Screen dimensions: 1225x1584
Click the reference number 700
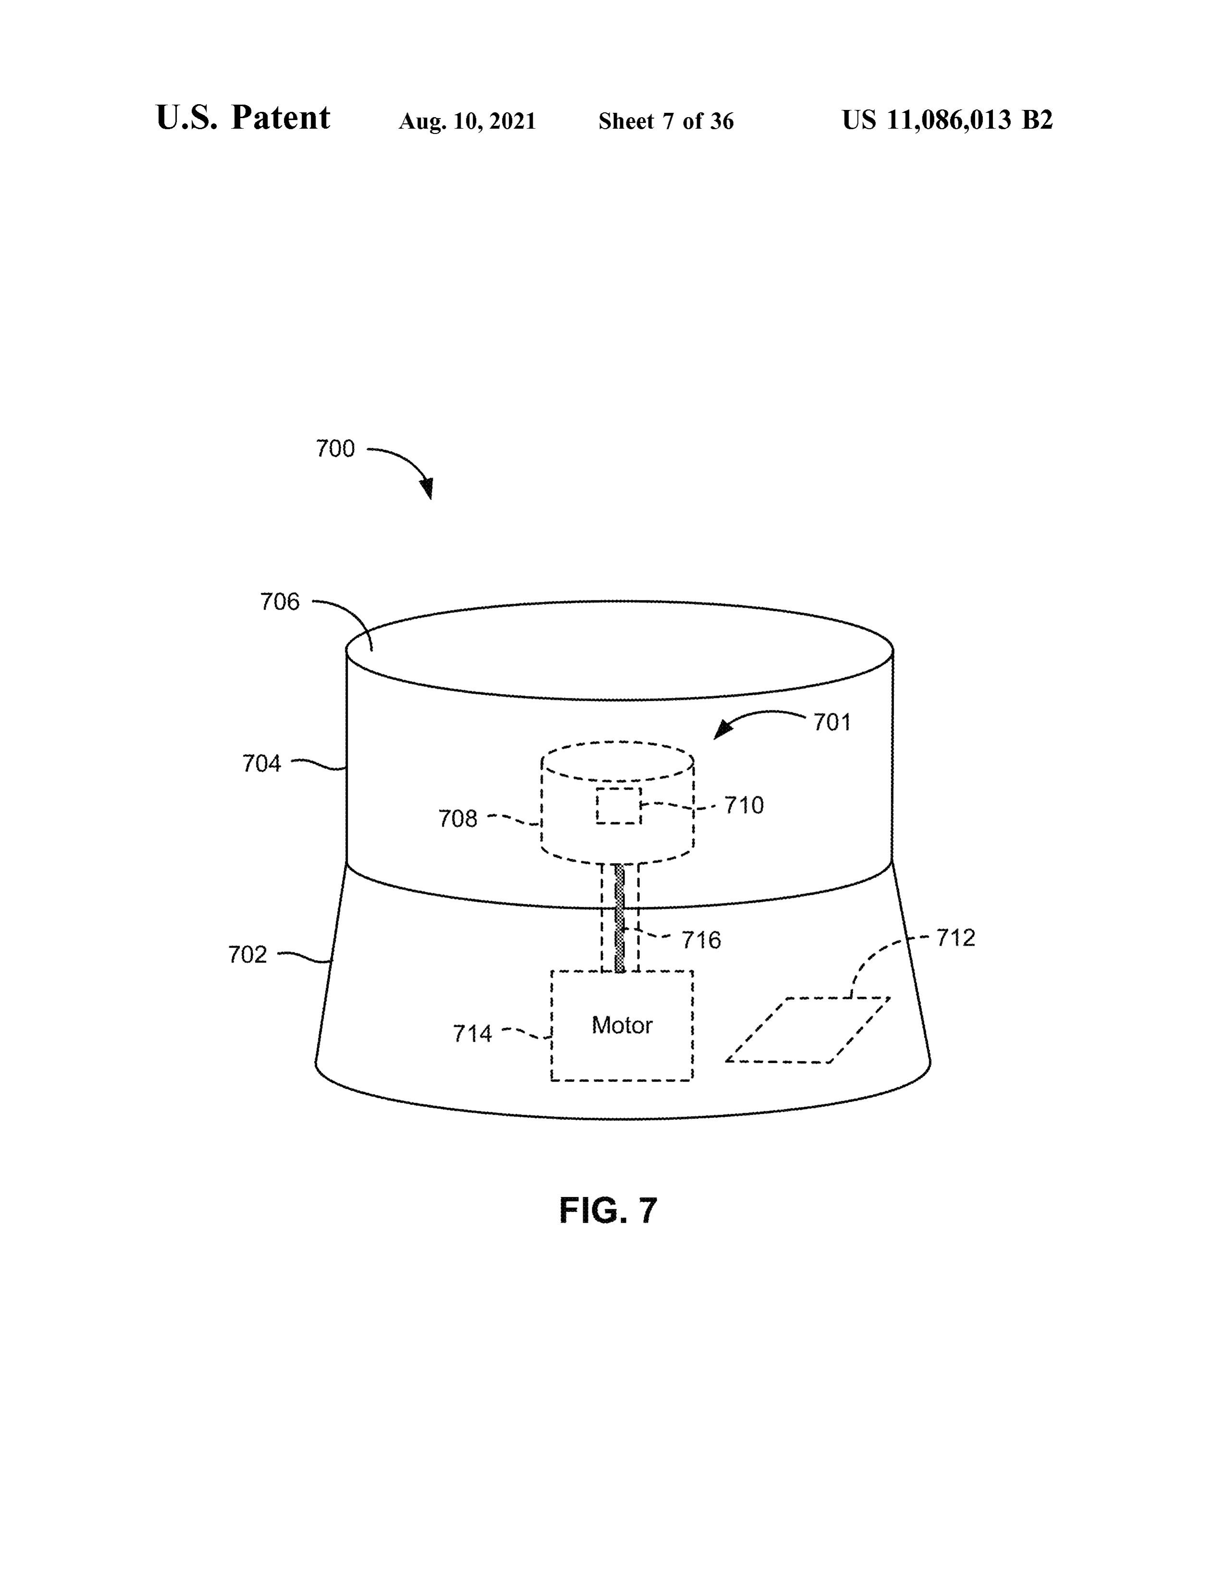[335, 449]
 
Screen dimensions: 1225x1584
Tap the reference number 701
[832, 722]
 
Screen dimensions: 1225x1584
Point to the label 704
[261, 764]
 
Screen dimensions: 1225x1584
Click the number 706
[280, 602]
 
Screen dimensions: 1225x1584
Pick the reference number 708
[458, 819]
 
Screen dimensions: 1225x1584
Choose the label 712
[956, 938]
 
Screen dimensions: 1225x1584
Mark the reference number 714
[472, 1033]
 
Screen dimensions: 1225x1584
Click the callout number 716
[701, 941]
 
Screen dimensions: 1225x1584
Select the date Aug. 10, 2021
[467, 121]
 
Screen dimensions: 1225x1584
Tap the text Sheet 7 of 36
[666, 121]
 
